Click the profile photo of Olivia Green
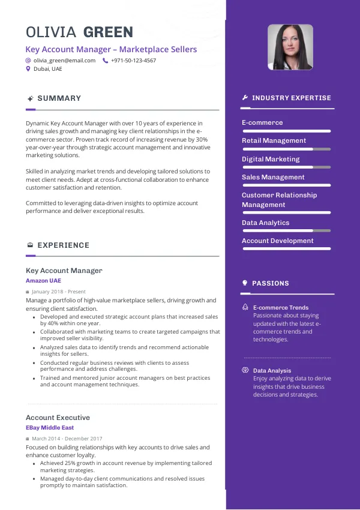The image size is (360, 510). [x=290, y=47]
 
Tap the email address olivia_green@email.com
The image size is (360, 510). [x=64, y=61]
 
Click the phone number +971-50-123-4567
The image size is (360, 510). [x=133, y=61]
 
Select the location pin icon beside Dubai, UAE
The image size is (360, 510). [x=28, y=69]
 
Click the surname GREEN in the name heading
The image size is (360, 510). [x=108, y=32]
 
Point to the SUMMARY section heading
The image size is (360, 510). [x=59, y=98]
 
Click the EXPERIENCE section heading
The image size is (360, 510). [x=63, y=245]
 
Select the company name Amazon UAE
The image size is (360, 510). [x=43, y=281]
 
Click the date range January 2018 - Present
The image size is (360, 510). [x=58, y=292]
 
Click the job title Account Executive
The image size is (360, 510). [x=58, y=418]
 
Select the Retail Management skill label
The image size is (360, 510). [x=274, y=140]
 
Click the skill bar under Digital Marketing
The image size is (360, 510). [x=286, y=167]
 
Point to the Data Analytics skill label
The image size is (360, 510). [x=265, y=223]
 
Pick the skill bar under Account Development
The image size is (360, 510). [x=286, y=248]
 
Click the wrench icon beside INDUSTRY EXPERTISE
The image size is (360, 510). [x=245, y=98]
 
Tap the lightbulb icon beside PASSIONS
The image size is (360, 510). [x=245, y=283]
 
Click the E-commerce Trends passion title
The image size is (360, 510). [x=281, y=307]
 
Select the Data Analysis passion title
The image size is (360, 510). [x=272, y=371]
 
